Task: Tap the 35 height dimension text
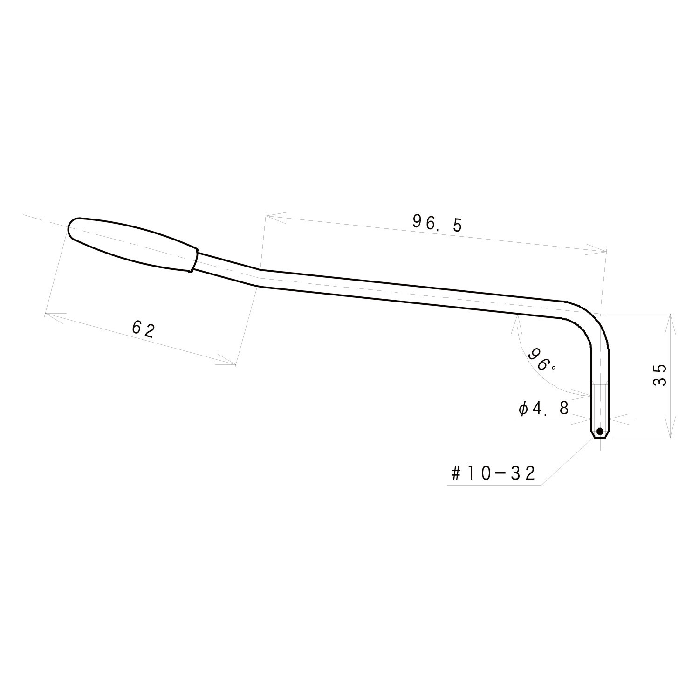coord(659,375)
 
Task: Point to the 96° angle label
coord(541,359)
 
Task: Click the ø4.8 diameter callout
coord(543,409)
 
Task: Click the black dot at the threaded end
coord(600,431)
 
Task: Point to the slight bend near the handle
coord(259,278)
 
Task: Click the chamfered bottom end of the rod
coord(600,436)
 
